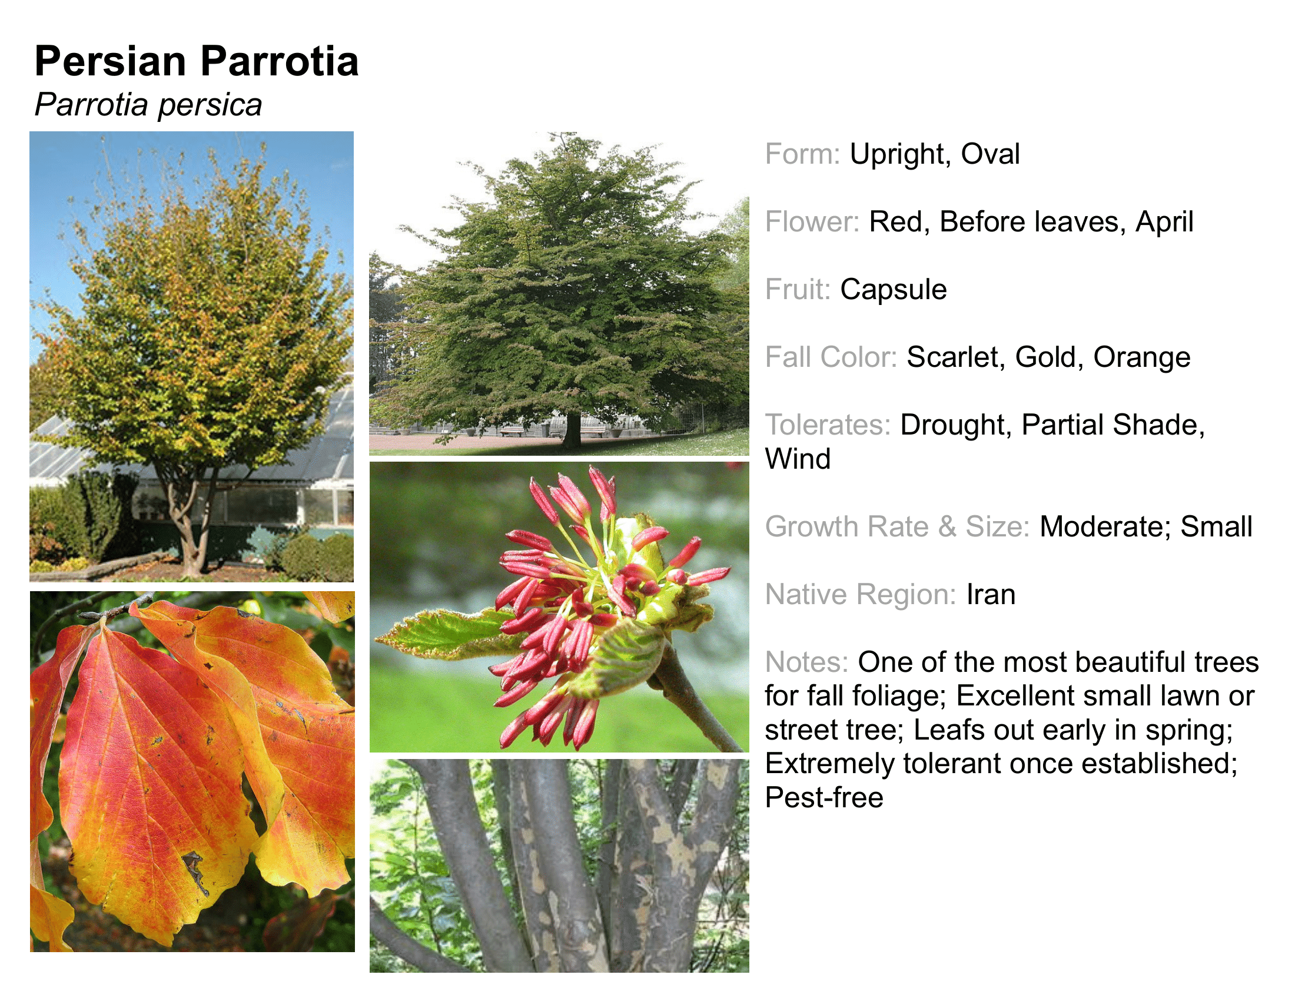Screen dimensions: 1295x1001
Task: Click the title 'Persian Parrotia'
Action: [196, 61]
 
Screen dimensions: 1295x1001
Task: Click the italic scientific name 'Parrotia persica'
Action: [148, 105]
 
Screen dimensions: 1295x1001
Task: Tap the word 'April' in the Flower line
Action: [1164, 223]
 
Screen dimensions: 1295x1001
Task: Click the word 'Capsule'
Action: [893, 290]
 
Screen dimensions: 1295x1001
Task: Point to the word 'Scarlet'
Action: [956, 357]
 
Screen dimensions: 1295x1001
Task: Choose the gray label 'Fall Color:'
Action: [831, 357]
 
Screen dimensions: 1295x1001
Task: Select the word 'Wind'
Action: [798, 459]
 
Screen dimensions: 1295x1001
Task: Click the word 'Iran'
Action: [991, 594]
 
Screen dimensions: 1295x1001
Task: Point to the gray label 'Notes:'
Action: [806, 662]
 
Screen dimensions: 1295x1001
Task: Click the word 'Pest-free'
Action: [824, 798]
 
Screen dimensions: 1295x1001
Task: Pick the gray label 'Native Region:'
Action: [861, 595]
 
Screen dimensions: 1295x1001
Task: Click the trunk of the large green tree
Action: [572, 430]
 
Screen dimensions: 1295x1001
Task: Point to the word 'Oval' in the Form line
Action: [990, 154]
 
